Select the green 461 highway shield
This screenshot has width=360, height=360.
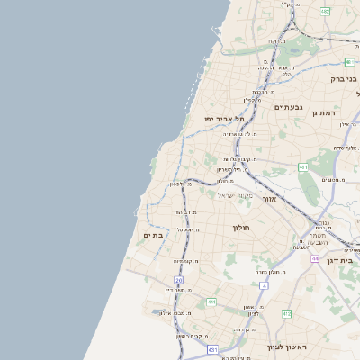coord(303,167)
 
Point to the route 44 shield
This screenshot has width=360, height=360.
coord(316,257)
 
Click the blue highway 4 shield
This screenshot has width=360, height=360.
coord(265,285)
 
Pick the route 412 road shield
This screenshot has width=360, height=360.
coord(286,313)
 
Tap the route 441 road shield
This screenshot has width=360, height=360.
coord(211,302)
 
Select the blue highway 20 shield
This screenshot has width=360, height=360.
coord(167,280)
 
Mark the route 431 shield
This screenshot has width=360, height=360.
coord(212,349)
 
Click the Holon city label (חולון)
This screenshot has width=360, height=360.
coord(242,228)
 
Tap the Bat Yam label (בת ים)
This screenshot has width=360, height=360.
coord(153,235)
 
